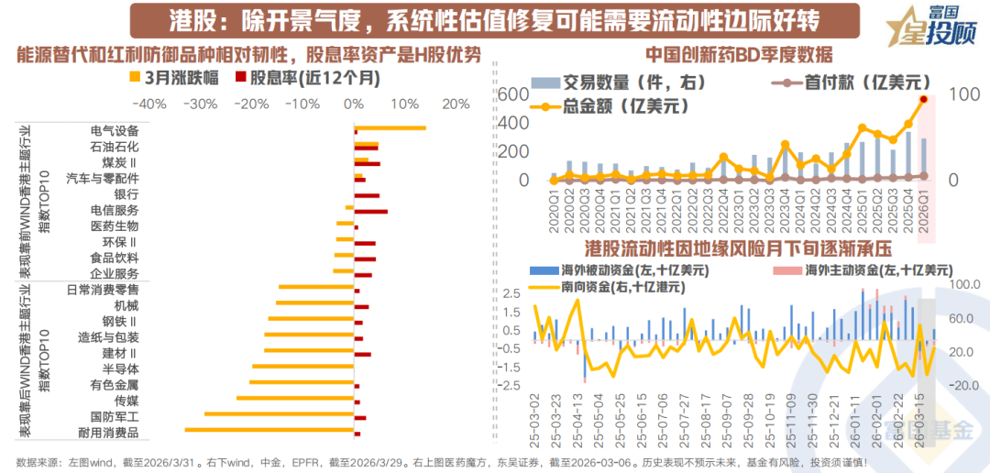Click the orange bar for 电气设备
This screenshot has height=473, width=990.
(x=390, y=128)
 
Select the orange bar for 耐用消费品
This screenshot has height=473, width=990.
(x=269, y=429)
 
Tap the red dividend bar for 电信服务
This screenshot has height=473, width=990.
(x=371, y=212)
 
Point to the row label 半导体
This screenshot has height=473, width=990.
(x=121, y=368)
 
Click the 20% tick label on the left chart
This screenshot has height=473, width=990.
(x=454, y=104)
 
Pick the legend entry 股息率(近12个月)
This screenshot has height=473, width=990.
(x=307, y=79)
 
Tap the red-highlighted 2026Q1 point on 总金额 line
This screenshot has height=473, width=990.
(x=924, y=99)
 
